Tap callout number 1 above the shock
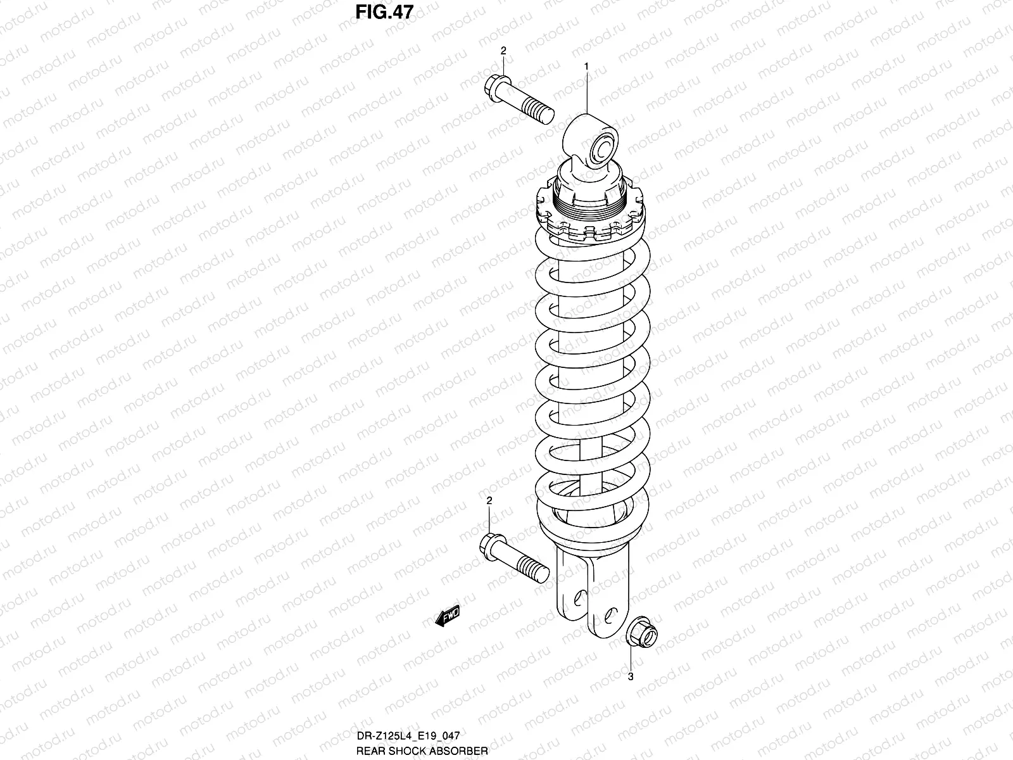point(587,66)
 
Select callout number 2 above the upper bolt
point(503,51)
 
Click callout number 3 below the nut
point(631,676)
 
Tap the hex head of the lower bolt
point(491,544)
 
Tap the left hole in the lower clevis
point(579,598)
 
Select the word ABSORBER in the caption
point(464,750)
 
